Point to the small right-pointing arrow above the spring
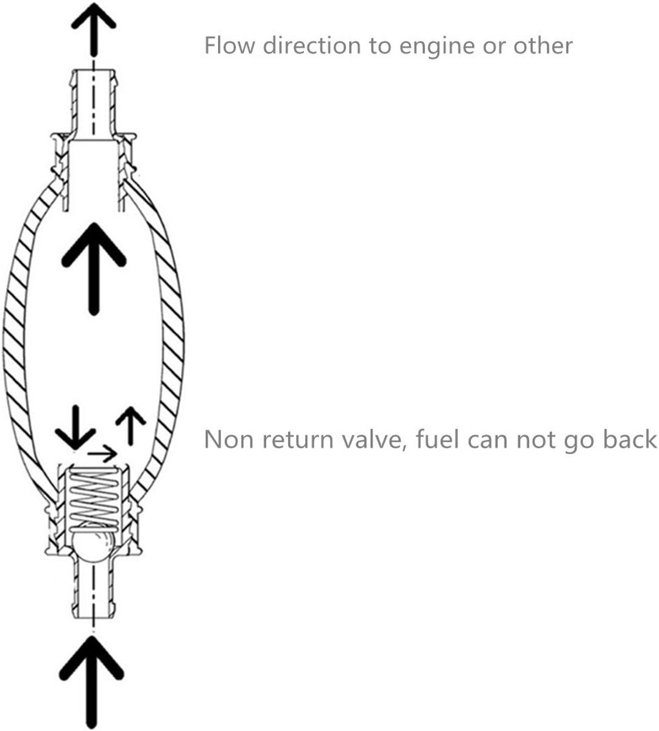102,453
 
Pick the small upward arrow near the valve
130,426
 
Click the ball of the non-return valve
94,542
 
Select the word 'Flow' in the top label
229,46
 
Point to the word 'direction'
312,46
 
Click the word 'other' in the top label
543,46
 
